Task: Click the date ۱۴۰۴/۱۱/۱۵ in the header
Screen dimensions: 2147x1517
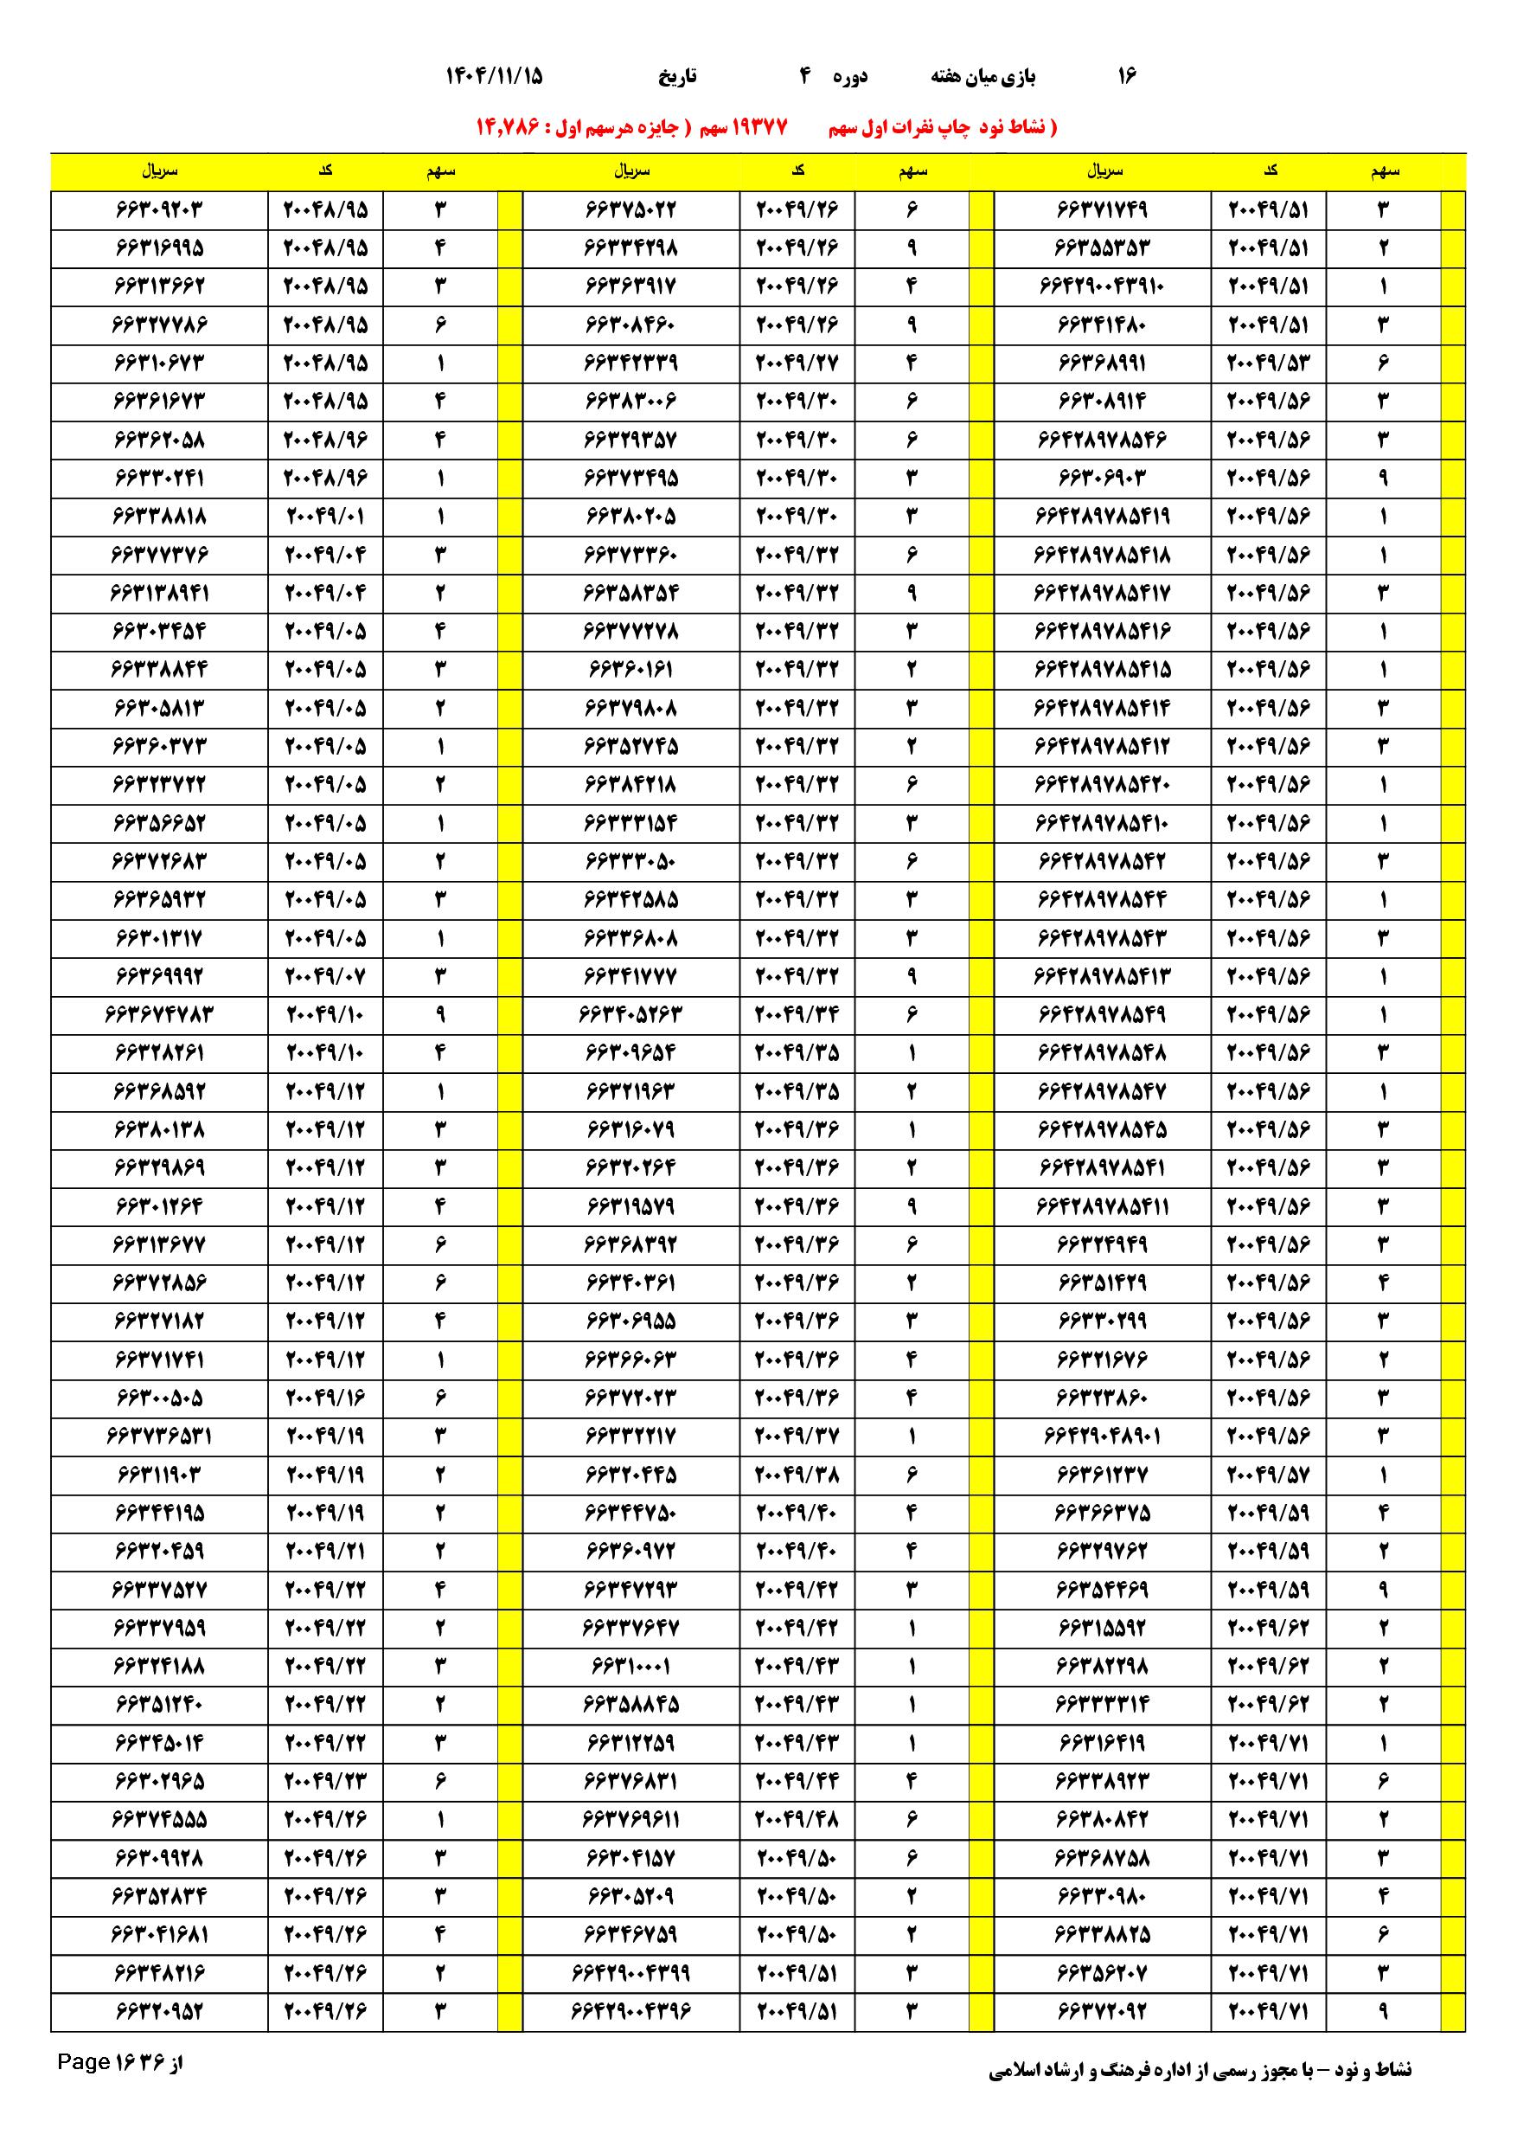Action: pyautogui.click(x=495, y=77)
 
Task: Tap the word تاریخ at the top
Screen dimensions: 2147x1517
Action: pyautogui.click(x=676, y=77)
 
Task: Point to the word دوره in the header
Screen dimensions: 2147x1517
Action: pyautogui.click(x=849, y=77)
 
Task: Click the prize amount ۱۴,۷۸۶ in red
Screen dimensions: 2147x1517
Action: pyautogui.click(x=509, y=127)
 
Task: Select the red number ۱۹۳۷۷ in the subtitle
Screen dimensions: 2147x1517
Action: pyautogui.click(x=757, y=127)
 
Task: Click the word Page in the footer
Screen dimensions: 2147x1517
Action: pyautogui.click(x=84, y=2087)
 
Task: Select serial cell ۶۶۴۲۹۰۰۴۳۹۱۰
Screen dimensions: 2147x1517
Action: pyautogui.click(x=1102, y=286)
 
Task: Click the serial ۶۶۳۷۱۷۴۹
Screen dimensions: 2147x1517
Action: pyautogui.click(x=1102, y=209)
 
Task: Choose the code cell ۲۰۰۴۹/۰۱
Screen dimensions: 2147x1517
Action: pyautogui.click(x=325, y=516)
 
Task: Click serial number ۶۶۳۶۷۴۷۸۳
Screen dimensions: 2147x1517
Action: pyautogui.click(x=159, y=1014)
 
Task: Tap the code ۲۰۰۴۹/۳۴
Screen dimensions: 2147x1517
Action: pyautogui.click(x=797, y=1014)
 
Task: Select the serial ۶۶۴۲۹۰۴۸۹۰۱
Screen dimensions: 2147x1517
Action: pyautogui.click(x=1102, y=1436)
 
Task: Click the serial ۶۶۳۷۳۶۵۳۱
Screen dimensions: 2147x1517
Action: pyautogui.click(x=159, y=1436)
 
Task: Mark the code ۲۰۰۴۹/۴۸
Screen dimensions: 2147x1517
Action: pyautogui.click(x=797, y=1819)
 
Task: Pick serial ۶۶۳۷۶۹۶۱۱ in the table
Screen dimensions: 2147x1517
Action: pyautogui.click(x=630, y=1819)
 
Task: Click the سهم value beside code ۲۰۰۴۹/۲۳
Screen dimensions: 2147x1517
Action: pyautogui.click(x=440, y=1780)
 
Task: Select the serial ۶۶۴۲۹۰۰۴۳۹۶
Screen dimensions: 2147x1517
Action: pyautogui.click(x=630, y=2010)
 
